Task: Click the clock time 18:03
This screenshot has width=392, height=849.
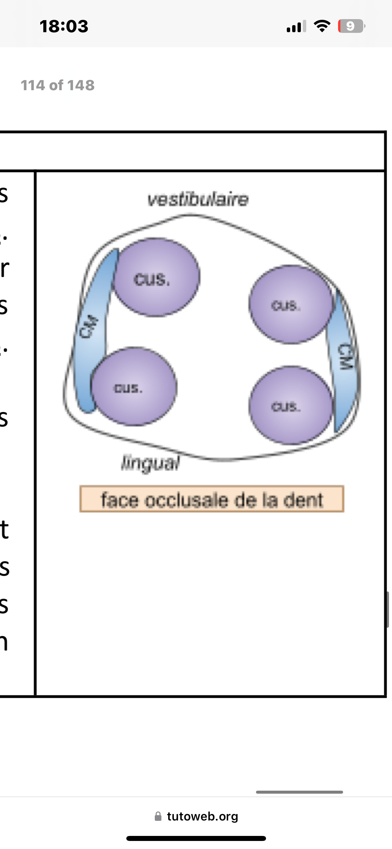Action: (x=64, y=26)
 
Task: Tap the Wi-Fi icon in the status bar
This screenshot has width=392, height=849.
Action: (x=322, y=26)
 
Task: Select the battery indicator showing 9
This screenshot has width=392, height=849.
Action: (x=351, y=26)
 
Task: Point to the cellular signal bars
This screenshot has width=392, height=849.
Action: (x=296, y=26)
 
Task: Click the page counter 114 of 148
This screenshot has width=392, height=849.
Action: (x=58, y=85)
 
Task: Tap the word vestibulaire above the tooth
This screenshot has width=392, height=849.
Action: (x=198, y=199)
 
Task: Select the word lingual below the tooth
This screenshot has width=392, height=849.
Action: (x=150, y=463)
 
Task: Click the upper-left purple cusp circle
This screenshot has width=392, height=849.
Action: (x=156, y=277)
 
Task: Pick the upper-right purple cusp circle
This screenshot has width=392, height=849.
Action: (x=291, y=304)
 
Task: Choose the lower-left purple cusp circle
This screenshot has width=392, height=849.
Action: (x=134, y=387)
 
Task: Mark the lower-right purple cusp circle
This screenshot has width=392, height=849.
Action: (x=291, y=405)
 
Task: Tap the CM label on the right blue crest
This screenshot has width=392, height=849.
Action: (x=346, y=356)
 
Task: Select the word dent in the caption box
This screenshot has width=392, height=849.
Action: (x=303, y=500)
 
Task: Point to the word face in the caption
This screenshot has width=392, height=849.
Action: (x=120, y=500)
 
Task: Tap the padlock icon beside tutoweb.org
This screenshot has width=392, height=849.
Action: (x=158, y=816)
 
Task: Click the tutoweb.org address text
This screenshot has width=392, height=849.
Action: (x=202, y=816)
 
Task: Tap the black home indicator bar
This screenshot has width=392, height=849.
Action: (x=196, y=838)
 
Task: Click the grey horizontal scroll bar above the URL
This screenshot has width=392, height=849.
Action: (x=299, y=792)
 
